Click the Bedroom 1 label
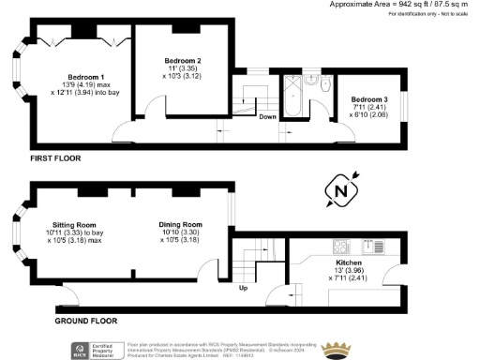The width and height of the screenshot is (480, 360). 85,76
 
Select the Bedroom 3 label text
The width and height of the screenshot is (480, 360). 368,99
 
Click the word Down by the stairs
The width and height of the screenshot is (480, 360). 266,117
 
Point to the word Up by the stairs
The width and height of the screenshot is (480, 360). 244,288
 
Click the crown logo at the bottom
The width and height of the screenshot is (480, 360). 335,349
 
